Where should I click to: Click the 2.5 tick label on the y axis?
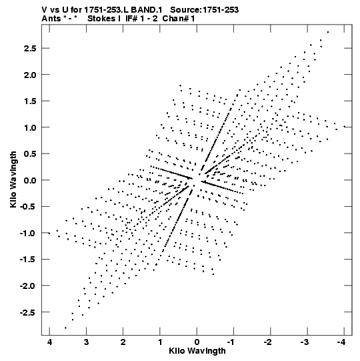point(30,49)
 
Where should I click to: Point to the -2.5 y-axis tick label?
point(28,312)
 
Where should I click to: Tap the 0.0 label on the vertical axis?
point(30,180)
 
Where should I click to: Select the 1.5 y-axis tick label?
point(30,101)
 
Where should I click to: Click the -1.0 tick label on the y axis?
point(28,234)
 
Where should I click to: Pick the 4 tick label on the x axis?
point(49,342)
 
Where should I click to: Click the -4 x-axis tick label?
point(341,342)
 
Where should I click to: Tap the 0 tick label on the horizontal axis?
point(197,342)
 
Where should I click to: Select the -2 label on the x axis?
point(268,342)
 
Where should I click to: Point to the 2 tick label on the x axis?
point(123,342)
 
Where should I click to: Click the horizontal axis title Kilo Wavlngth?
point(197,351)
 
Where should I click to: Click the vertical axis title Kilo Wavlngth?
point(13,180)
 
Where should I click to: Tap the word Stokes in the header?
point(101,19)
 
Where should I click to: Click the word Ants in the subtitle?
point(51,19)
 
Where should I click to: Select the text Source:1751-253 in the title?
point(204,10)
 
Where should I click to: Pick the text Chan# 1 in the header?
point(179,19)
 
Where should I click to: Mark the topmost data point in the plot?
point(328,32)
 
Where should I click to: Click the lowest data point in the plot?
point(65,328)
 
